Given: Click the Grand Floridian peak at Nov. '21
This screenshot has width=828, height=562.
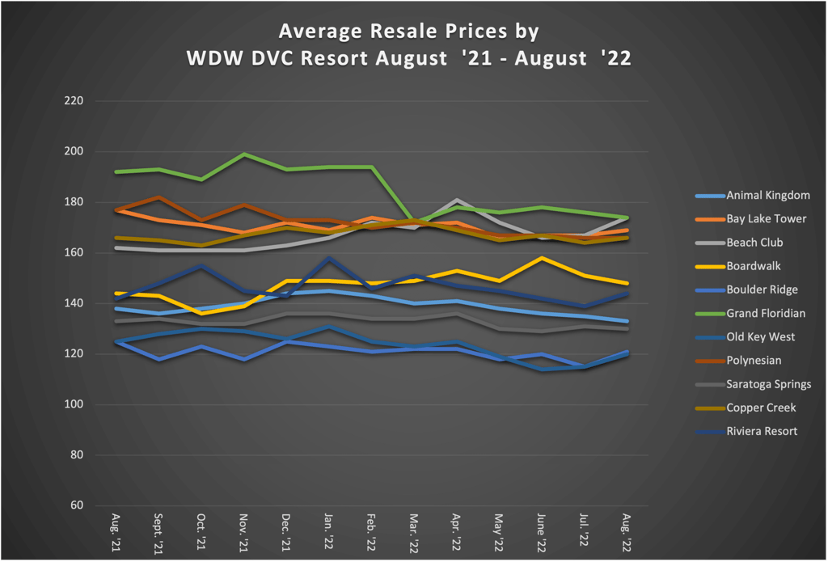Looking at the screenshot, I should [243, 154].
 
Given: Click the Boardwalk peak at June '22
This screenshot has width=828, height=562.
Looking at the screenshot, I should [541, 258].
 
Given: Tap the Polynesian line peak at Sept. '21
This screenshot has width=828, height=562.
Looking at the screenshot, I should [159, 197].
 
